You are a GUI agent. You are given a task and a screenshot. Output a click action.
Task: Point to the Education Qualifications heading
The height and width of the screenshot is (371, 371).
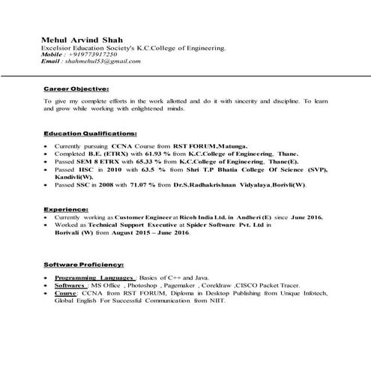(x=90, y=132)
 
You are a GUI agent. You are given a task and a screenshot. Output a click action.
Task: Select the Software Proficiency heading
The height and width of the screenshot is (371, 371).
(x=84, y=265)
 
